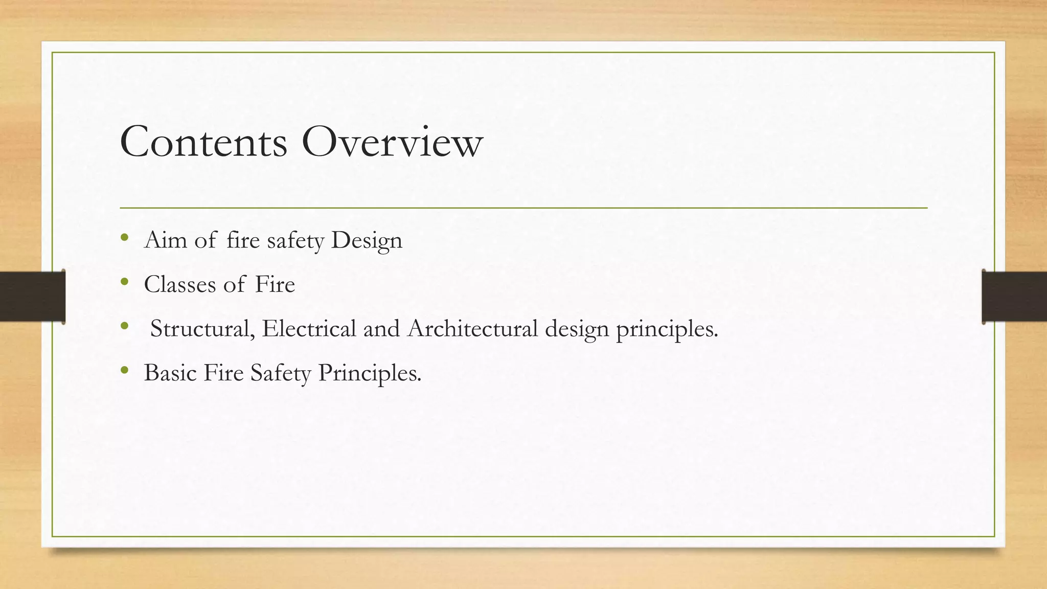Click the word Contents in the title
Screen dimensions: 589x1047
pyautogui.click(x=203, y=142)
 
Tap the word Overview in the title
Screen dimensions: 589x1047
pyautogui.click(x=392, y=142)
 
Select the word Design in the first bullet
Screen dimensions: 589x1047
pyautogui.click(x=367, y=241)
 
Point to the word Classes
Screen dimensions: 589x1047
pyautogui.click(x=179, y=284)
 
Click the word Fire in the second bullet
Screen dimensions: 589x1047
pyautogui.click(x=275, y=284)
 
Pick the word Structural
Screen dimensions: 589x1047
pyautogui.click(x=202, y=329)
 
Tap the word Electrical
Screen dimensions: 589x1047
pyautogui.click(x=309, y=328)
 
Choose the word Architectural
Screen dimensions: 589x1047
pyautogui.click(x=472, y=328)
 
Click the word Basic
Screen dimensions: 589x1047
pyautogui.click(x=170, y=373)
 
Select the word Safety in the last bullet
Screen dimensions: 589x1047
pyautogui.click(x=280, y=373)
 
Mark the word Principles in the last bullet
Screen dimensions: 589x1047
pyautogui.click(x=370, y=373)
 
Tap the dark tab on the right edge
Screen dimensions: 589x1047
pyautogui.click(x=1014, y=297)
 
